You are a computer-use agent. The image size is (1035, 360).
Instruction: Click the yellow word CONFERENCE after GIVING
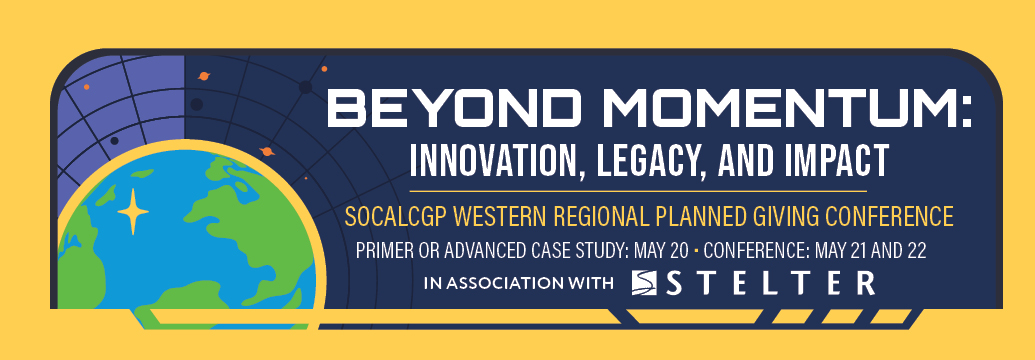pos(884,216)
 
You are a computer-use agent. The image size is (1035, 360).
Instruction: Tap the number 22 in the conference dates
pos(916,251)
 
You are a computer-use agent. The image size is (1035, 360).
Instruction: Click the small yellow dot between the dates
pos(697,252)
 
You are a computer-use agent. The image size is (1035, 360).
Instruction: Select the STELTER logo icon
pos(644,282)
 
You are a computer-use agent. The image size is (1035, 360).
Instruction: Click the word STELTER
pos(770,282)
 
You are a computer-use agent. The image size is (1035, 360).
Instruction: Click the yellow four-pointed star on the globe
pos(133,212)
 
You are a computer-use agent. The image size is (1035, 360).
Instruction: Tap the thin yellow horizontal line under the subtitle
pos(638,192)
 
